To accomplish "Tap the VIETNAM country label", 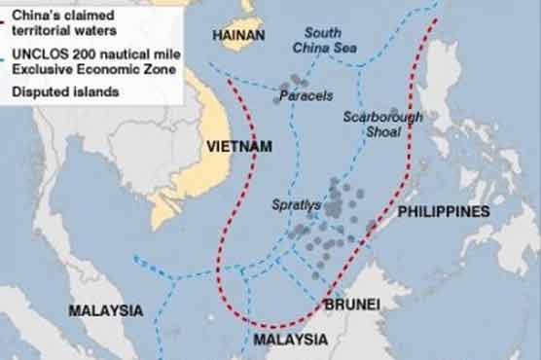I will point(237,146).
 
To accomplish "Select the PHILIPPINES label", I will point(444,211).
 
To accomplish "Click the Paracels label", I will point(307,97).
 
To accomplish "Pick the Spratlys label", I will point(298,207).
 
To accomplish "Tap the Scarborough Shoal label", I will point(382,125).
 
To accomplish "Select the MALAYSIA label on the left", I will point(105,310).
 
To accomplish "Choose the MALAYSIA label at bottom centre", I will point(290,340).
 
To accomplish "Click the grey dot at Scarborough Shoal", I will point(394,113).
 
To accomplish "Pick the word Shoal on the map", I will point(382,132).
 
